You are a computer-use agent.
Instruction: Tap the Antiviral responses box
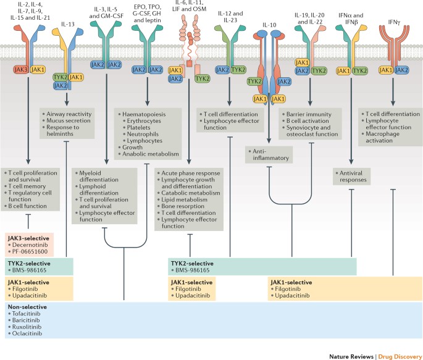[355, 177]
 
